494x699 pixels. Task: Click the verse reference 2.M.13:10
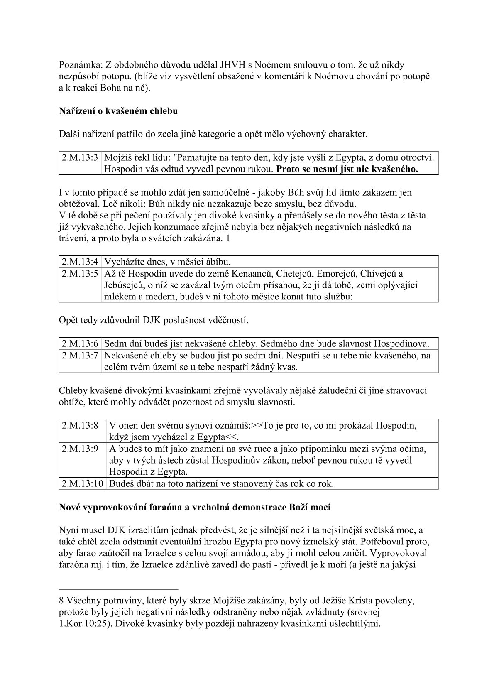[82, 484]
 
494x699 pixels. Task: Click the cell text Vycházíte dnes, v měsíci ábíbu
[167, 262]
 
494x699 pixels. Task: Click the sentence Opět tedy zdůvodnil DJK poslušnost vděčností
[154, 320]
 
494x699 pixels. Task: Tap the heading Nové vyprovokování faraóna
[195, 508]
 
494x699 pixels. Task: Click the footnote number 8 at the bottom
[61, 601]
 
